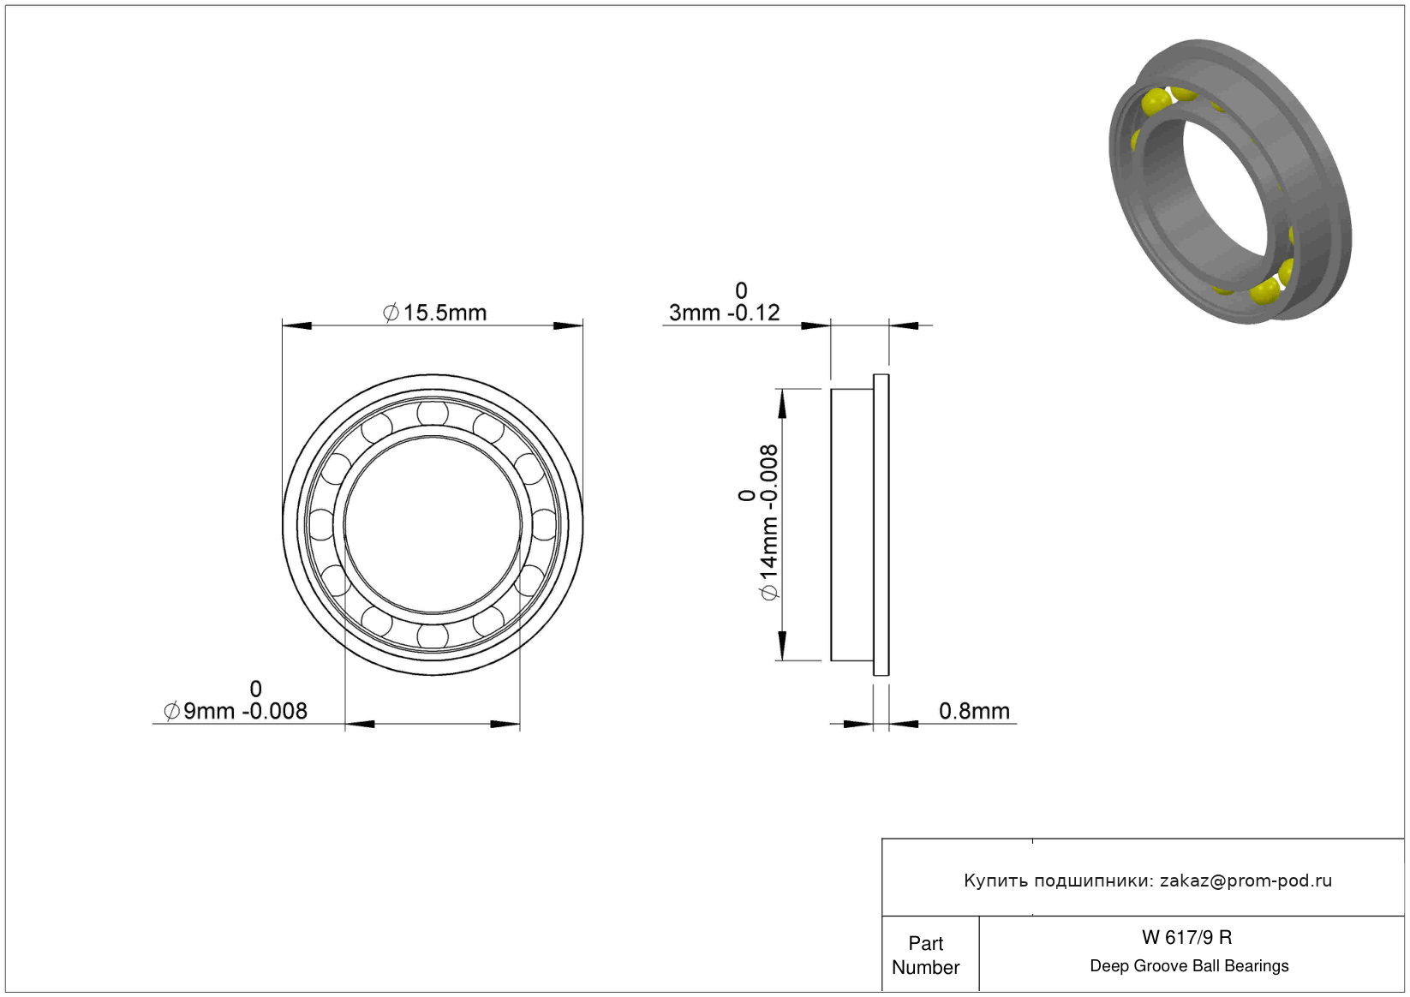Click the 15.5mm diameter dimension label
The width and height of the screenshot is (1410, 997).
point(435,312)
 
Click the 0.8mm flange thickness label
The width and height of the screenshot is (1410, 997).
point(974,711)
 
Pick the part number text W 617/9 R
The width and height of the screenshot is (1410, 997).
point(1187,937)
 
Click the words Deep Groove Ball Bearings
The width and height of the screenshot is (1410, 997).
point(1189,965)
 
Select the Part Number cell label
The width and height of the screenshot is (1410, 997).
point(925,955)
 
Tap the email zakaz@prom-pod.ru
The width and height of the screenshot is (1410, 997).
point(1246,881)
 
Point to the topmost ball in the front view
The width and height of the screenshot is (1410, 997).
point(433,413)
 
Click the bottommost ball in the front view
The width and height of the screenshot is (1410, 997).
point(433,636)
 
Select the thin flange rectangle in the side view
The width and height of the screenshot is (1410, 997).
point(881,525)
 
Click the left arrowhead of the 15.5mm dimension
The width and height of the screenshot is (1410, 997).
point(296,325)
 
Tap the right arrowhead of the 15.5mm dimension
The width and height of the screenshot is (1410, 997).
point(568,325)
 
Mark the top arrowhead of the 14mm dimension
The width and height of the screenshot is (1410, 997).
point(782,403)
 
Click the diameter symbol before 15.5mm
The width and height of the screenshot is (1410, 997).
point(391,313)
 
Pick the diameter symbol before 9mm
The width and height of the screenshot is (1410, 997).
point(172,711)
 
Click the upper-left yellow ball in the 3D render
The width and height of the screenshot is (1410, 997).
point(1156,103)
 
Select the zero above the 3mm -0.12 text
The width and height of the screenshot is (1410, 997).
point(741,290)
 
